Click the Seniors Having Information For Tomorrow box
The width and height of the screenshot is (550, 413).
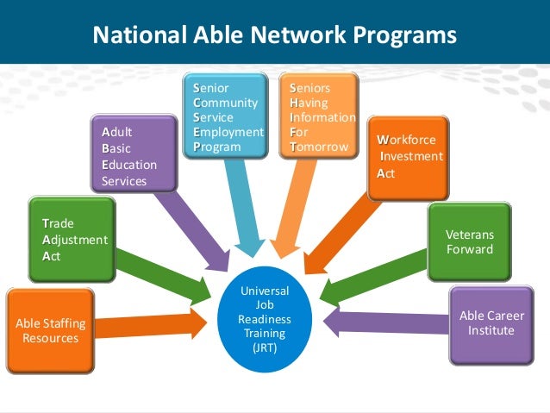point(322,116)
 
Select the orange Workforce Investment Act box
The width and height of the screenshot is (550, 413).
point(410,155)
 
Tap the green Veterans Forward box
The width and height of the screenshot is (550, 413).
point(469,241)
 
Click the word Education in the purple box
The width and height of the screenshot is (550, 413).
point(129,164)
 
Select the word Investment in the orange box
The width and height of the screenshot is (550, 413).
point(412,156)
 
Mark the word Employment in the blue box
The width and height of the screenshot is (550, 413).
point(228,132)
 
